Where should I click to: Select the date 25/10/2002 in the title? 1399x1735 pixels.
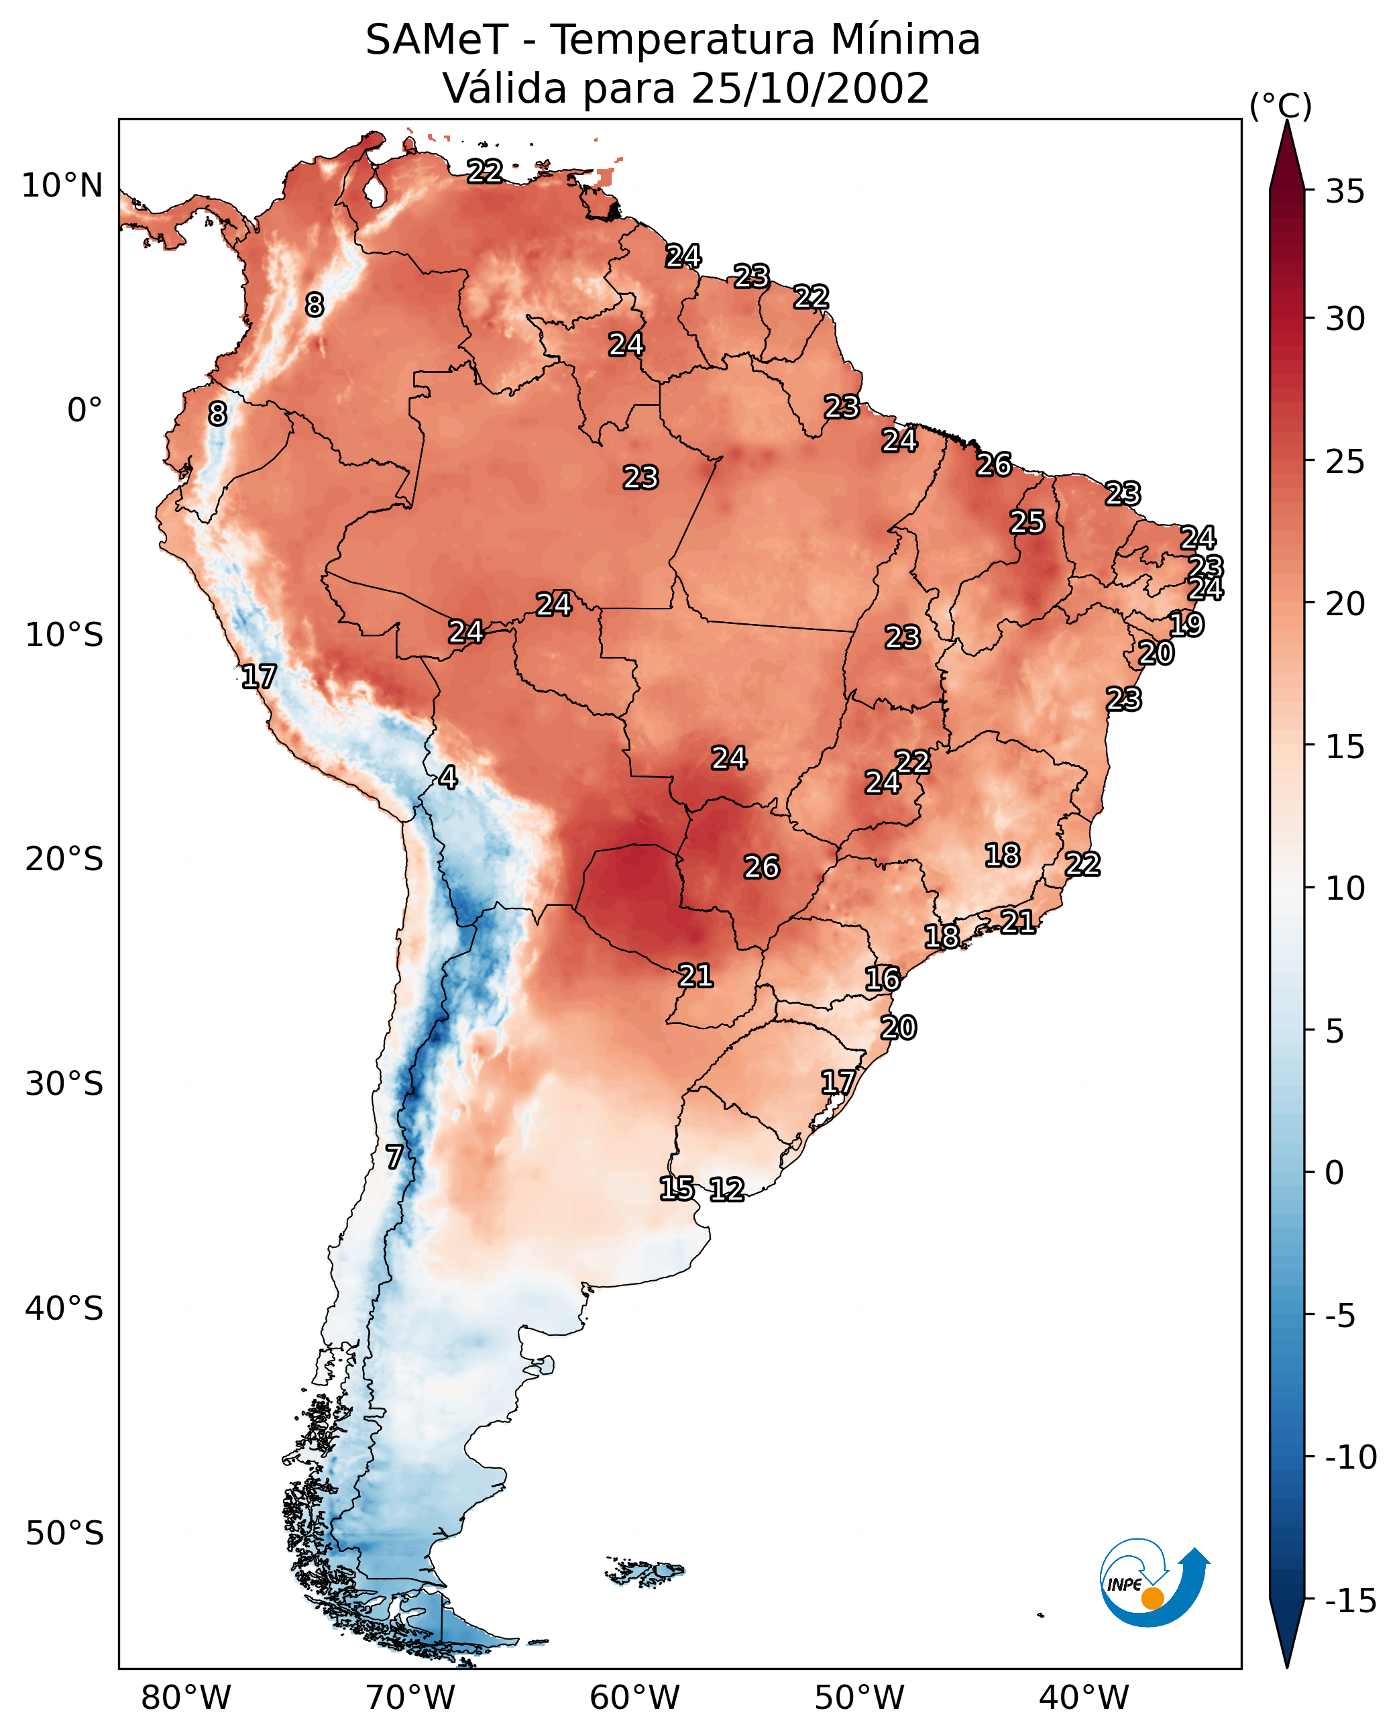811,89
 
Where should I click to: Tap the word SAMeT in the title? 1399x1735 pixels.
436,40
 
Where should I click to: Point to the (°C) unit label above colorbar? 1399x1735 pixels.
1280,105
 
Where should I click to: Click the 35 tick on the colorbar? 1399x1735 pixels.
1345,192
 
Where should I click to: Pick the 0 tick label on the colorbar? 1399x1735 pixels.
1335,1173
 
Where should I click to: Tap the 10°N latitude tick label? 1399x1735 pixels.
62,187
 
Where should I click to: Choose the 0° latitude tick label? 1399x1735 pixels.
85,411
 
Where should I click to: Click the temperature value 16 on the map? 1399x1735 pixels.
883,980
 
